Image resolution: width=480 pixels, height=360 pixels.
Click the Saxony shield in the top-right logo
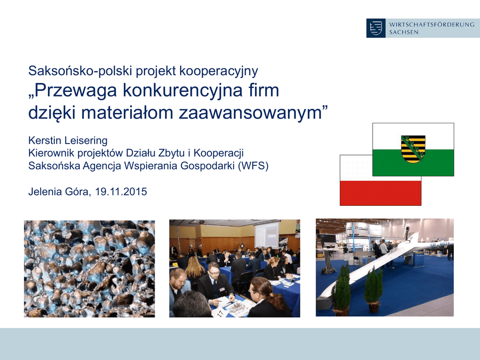click(376, 28)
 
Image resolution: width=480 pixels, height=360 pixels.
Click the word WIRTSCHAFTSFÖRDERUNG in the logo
click(432, 24)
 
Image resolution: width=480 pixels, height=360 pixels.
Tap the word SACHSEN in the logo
click(404, 32)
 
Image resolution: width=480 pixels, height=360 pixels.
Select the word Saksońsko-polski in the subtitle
click(81, 71)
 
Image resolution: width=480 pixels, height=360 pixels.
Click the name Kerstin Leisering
click(67, 141)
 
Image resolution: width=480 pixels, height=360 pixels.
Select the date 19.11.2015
click(121, 192)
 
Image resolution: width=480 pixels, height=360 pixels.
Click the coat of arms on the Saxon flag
click(413, 149)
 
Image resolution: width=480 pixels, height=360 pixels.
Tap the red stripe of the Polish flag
click(381, 193)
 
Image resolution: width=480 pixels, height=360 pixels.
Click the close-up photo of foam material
click(90, 269)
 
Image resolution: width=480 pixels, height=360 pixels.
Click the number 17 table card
click(220, 313)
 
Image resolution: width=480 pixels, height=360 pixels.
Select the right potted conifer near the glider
click(374, 289)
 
